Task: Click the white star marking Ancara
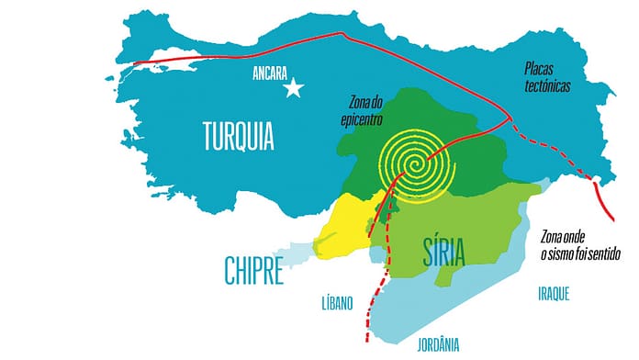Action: [294, 88]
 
